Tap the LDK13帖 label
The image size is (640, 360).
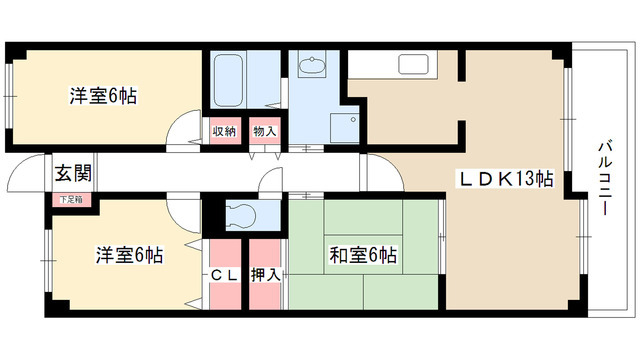[x=506, y=179]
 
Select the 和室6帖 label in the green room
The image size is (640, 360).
[x=363, y=256]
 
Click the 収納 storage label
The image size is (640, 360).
[x=224, y=131]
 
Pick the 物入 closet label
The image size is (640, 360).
[x=264, y=131]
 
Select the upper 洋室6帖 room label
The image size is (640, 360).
[x=103, y=97]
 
